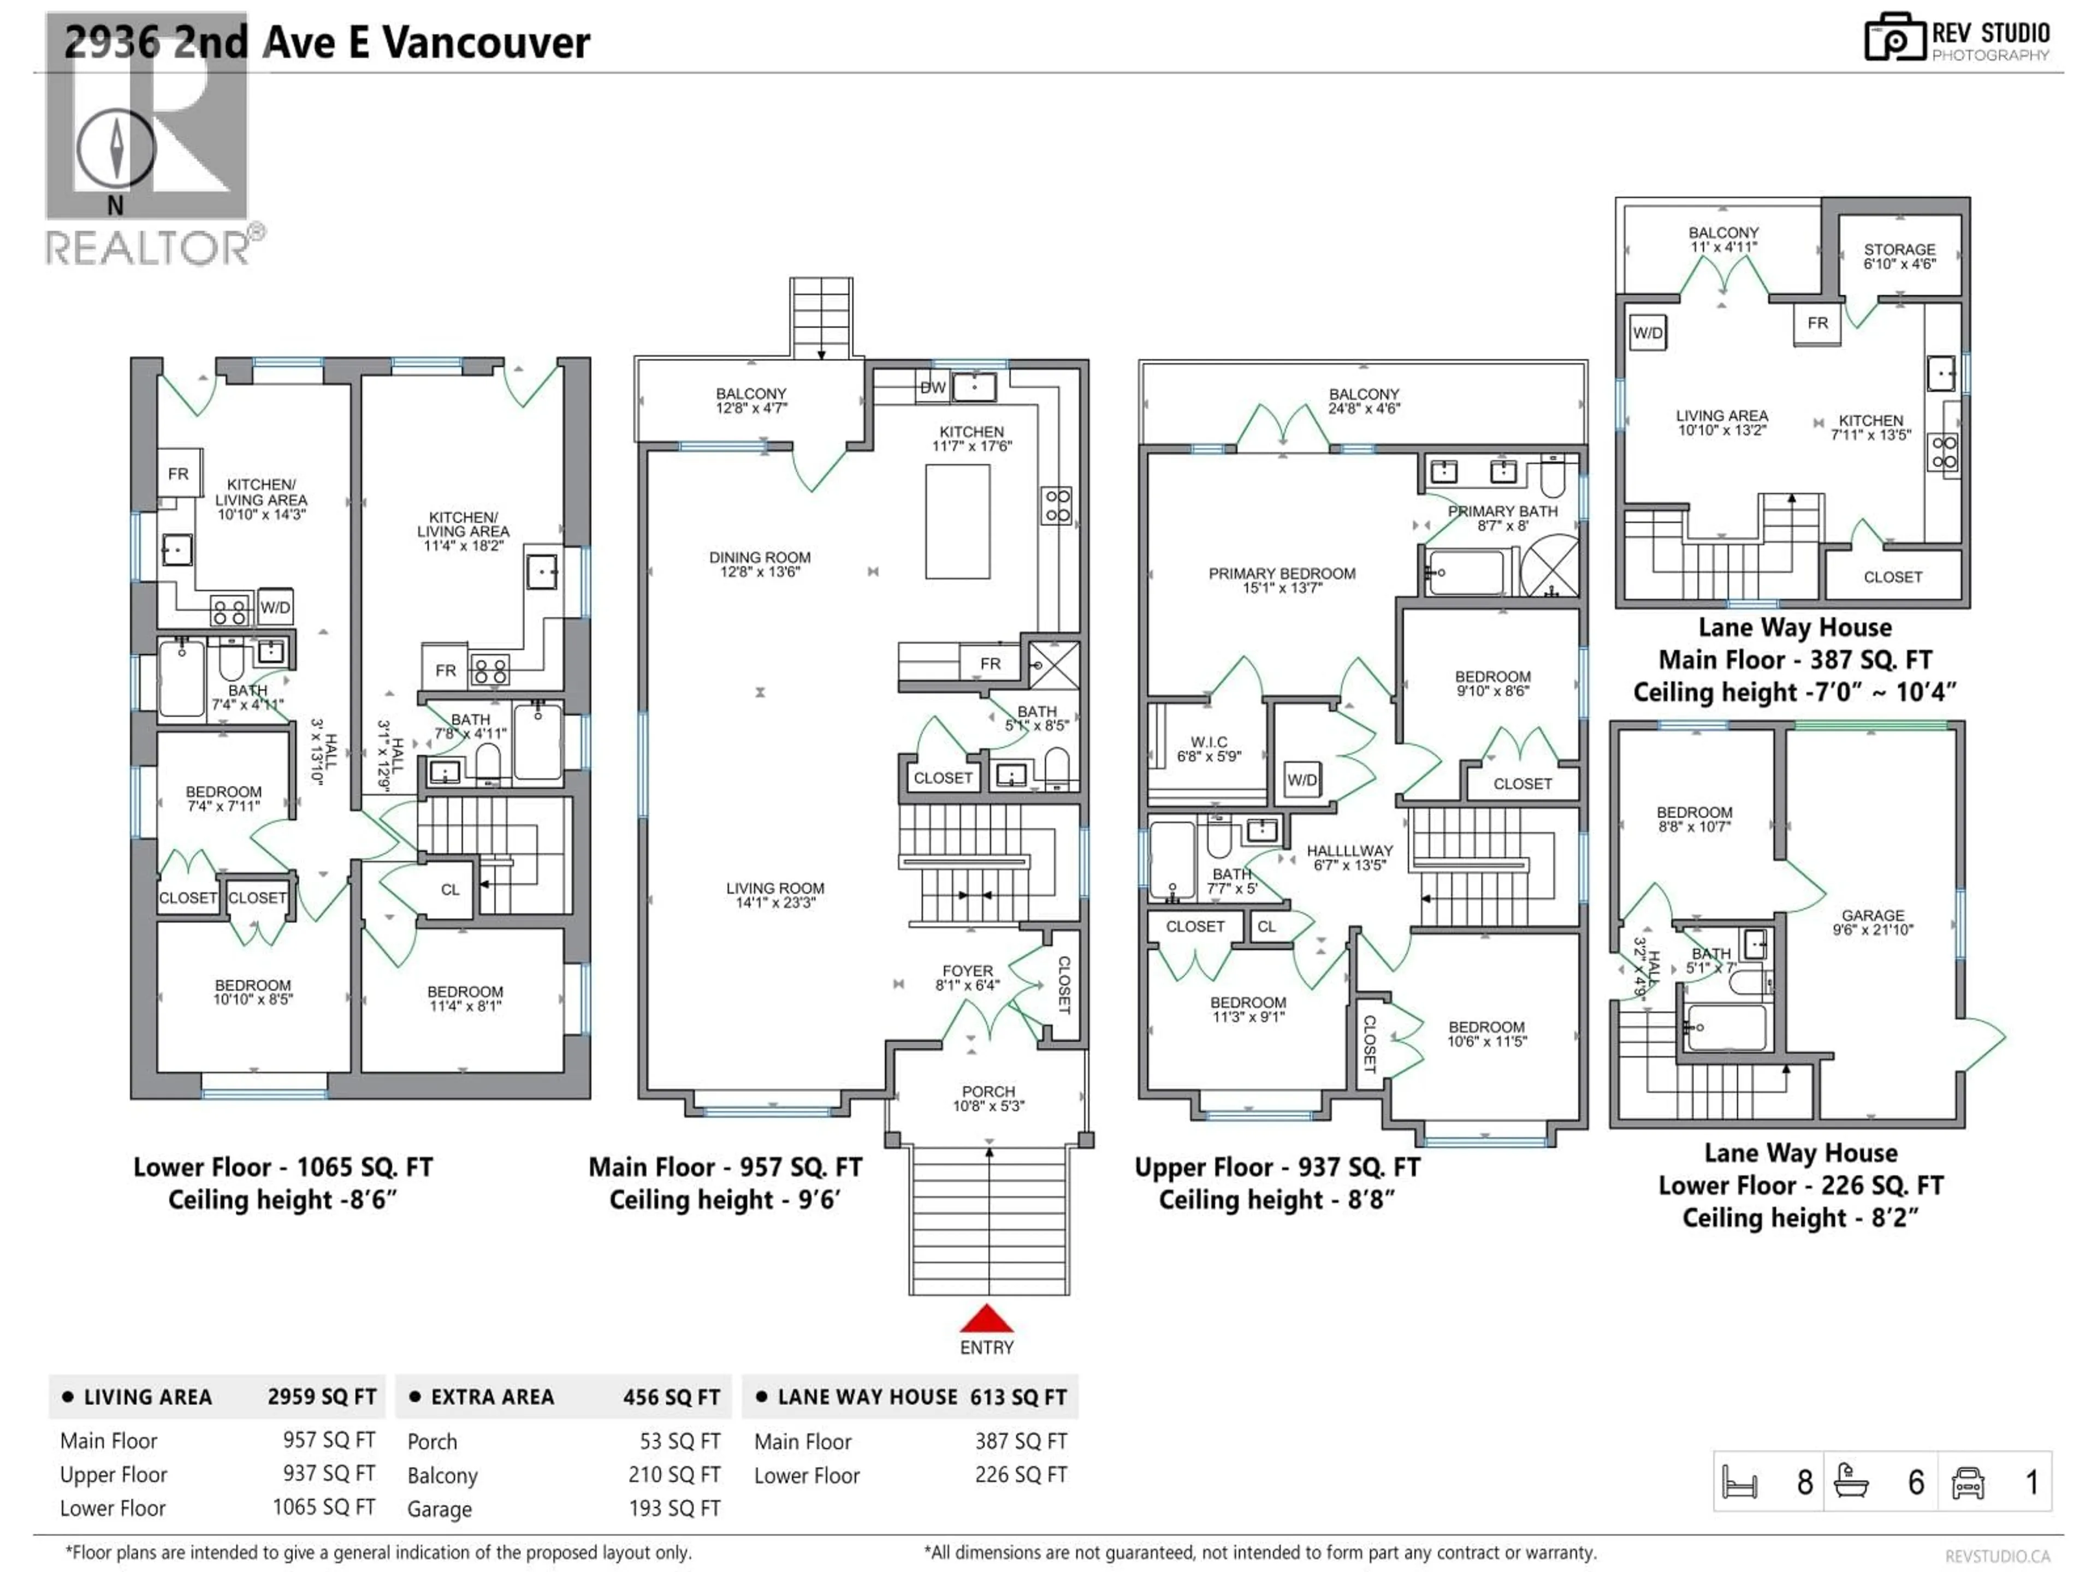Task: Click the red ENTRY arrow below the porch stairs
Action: (x=987, y=1318)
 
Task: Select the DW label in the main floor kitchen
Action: (x=933, y=388)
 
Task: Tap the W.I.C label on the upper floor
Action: (x=1209, y=742)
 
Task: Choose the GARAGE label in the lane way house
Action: (x=1873, y=915)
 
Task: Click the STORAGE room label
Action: (x=1899, y=249)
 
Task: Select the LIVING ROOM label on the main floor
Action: (x=775, y=888)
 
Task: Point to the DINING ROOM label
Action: (x=760, y=557)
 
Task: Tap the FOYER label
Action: (x=967, y=971)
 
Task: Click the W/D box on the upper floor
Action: (x=1302, y=780)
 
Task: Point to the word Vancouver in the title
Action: (x=487, y=43)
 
